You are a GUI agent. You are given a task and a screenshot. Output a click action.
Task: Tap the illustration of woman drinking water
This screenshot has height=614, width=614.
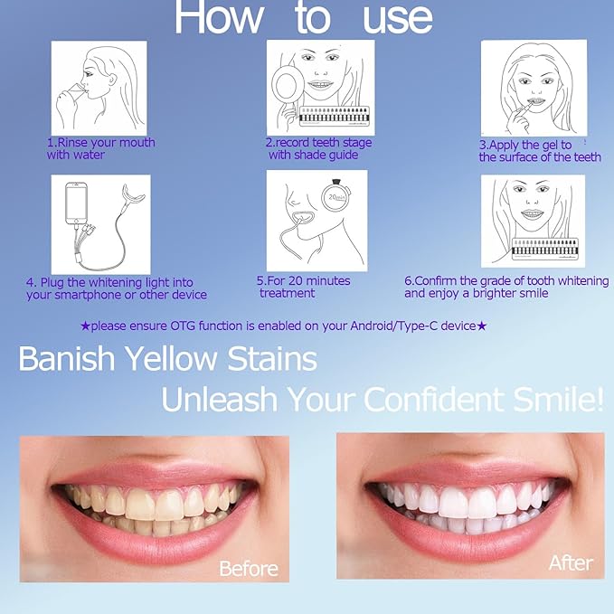99,88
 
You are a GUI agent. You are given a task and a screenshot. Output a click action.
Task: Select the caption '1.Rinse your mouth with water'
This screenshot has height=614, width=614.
100,148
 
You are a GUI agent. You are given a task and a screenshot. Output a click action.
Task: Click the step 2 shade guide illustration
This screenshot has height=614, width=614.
320,88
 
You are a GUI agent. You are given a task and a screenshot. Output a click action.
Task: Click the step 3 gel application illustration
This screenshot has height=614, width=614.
534,88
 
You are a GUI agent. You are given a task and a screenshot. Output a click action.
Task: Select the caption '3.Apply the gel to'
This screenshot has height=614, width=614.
525,145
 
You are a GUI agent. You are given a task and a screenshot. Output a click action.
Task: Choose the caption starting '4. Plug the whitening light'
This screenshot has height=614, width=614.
116,288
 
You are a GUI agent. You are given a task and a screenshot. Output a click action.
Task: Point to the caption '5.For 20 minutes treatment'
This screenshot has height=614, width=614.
303,287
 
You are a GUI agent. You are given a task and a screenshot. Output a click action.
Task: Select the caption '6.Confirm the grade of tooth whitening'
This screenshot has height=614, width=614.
505,281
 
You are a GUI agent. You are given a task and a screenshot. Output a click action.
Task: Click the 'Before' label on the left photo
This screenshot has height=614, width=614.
249,569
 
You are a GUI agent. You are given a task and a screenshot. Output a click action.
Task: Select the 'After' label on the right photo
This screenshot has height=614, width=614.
571,562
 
